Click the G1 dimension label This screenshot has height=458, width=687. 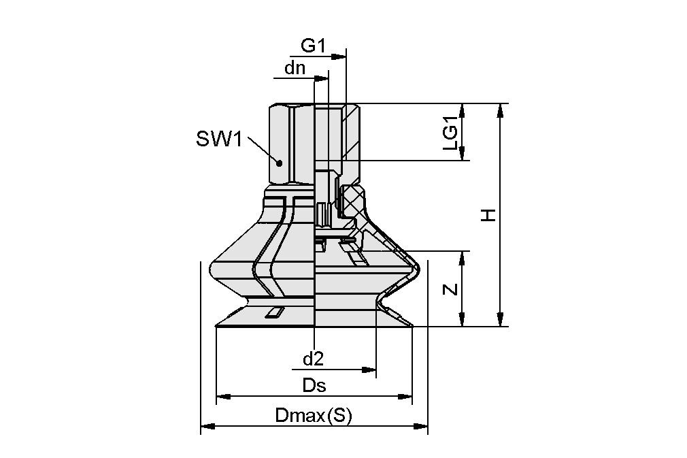pos(314,47)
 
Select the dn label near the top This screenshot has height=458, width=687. pos(295,67)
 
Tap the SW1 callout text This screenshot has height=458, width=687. pos(219,140)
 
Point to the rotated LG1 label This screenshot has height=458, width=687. pos(450,132)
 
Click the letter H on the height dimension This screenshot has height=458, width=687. pos(488,215)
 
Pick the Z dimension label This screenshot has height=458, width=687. pos(450,289)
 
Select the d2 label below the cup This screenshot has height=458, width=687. pos(313,358)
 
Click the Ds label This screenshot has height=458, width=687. pos(314,386)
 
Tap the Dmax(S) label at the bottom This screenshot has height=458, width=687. pos(314,416)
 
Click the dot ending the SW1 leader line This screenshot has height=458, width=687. pos(279,163)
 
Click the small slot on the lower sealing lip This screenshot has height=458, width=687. pos(275,312)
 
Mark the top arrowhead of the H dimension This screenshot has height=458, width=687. pos(502,110)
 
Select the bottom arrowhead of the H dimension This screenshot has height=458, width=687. pos(502,321)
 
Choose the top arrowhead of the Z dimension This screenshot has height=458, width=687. pos(463,257)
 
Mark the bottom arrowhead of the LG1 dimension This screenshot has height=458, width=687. pos(463,155)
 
